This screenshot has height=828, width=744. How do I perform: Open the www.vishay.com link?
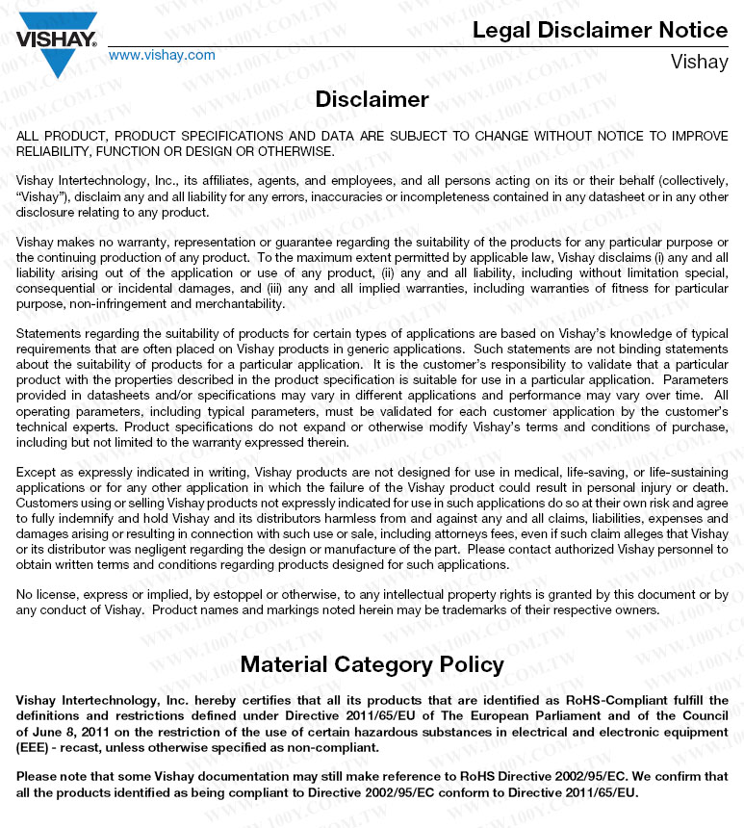point(162,55)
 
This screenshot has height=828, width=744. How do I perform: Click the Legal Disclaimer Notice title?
point(600,30)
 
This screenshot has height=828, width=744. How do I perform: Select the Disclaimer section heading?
point(372,99)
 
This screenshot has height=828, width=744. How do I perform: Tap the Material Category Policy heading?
point(372,664)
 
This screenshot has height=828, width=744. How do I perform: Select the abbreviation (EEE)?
point(35,747)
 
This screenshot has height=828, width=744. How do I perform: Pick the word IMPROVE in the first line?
point(700,137)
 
